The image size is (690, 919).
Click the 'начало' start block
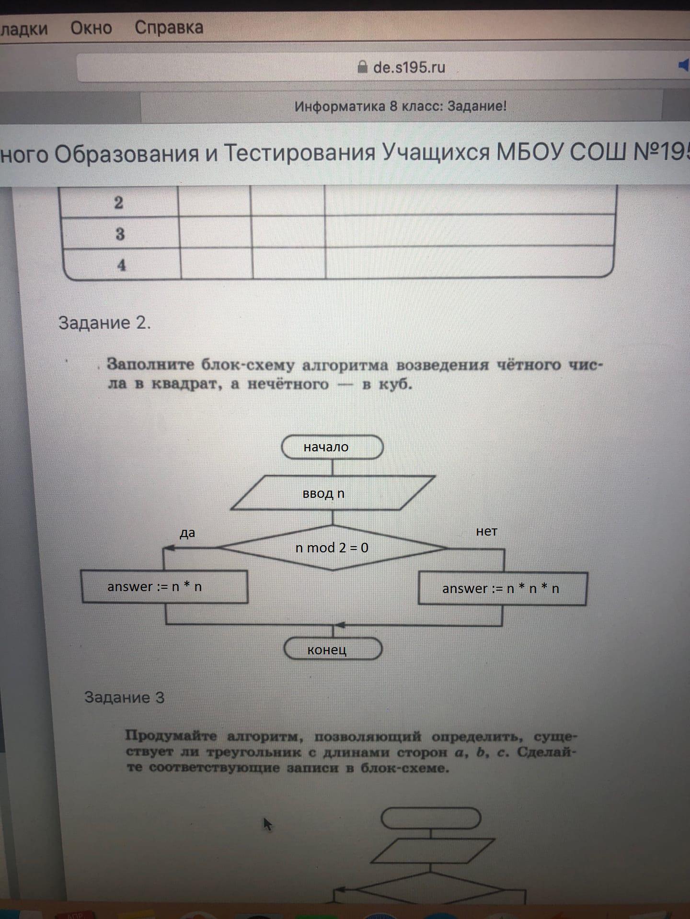coord(332,447)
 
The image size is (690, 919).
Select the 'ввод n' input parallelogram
coord(333,493)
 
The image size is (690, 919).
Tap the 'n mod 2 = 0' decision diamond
coord(333,548)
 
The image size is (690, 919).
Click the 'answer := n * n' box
coord(165,586)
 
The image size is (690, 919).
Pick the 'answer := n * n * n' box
coord(503,588)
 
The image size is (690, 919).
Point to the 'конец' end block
coord(333,649)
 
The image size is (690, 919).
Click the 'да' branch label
coord(187,533)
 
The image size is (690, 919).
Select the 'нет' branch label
coord(486,531)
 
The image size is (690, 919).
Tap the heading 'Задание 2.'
coord(104,323)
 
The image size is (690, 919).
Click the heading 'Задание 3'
coord(125,697)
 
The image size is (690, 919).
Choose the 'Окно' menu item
coord(91,28)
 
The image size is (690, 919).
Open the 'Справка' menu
coord(169,28)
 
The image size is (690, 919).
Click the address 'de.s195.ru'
coord(409,67)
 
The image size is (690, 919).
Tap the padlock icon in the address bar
coord(363,67)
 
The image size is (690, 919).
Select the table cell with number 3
coord(120,234)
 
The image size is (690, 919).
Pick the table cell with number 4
coord(121,265)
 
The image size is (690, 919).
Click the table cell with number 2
coord(119,203)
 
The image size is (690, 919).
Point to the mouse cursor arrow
coord(267,824)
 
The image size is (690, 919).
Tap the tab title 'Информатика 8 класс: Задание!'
coord(401,106)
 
